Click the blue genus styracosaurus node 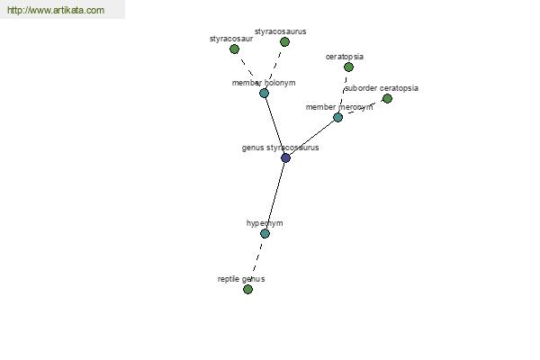[x=285, y=157]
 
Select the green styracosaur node [x=234, y=49]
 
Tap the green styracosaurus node [x=284, y=41]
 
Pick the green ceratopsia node [x=348, y=67]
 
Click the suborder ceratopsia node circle [x=387, y=98]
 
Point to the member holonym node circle [x=264, y=93]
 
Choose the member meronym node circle [x=337, y=117]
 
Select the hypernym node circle [x=265, y=234]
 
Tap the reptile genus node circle [x=247, y=289]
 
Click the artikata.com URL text [x=56, y=10]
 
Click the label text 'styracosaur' [x=231, y=39]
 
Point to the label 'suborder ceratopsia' [x=382, y=88]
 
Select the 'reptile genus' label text [x=241, y=279]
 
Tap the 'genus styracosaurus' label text [x=280, y=148]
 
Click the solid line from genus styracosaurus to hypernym [x=275, y=195]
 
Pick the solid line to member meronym [x=311, y=138]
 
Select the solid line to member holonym [x=274, y=125]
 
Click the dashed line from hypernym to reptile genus [x=256, y=260]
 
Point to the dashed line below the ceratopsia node [x=344, y=91]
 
